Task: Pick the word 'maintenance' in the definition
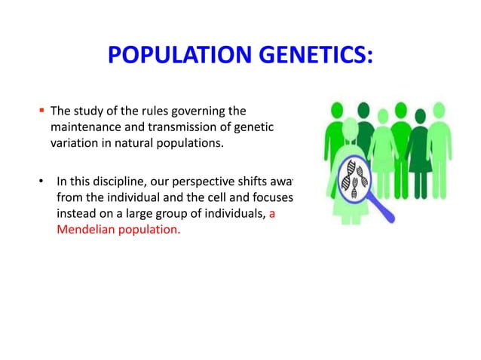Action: (x=85, y=129)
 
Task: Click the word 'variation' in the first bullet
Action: (x=75, y=144)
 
